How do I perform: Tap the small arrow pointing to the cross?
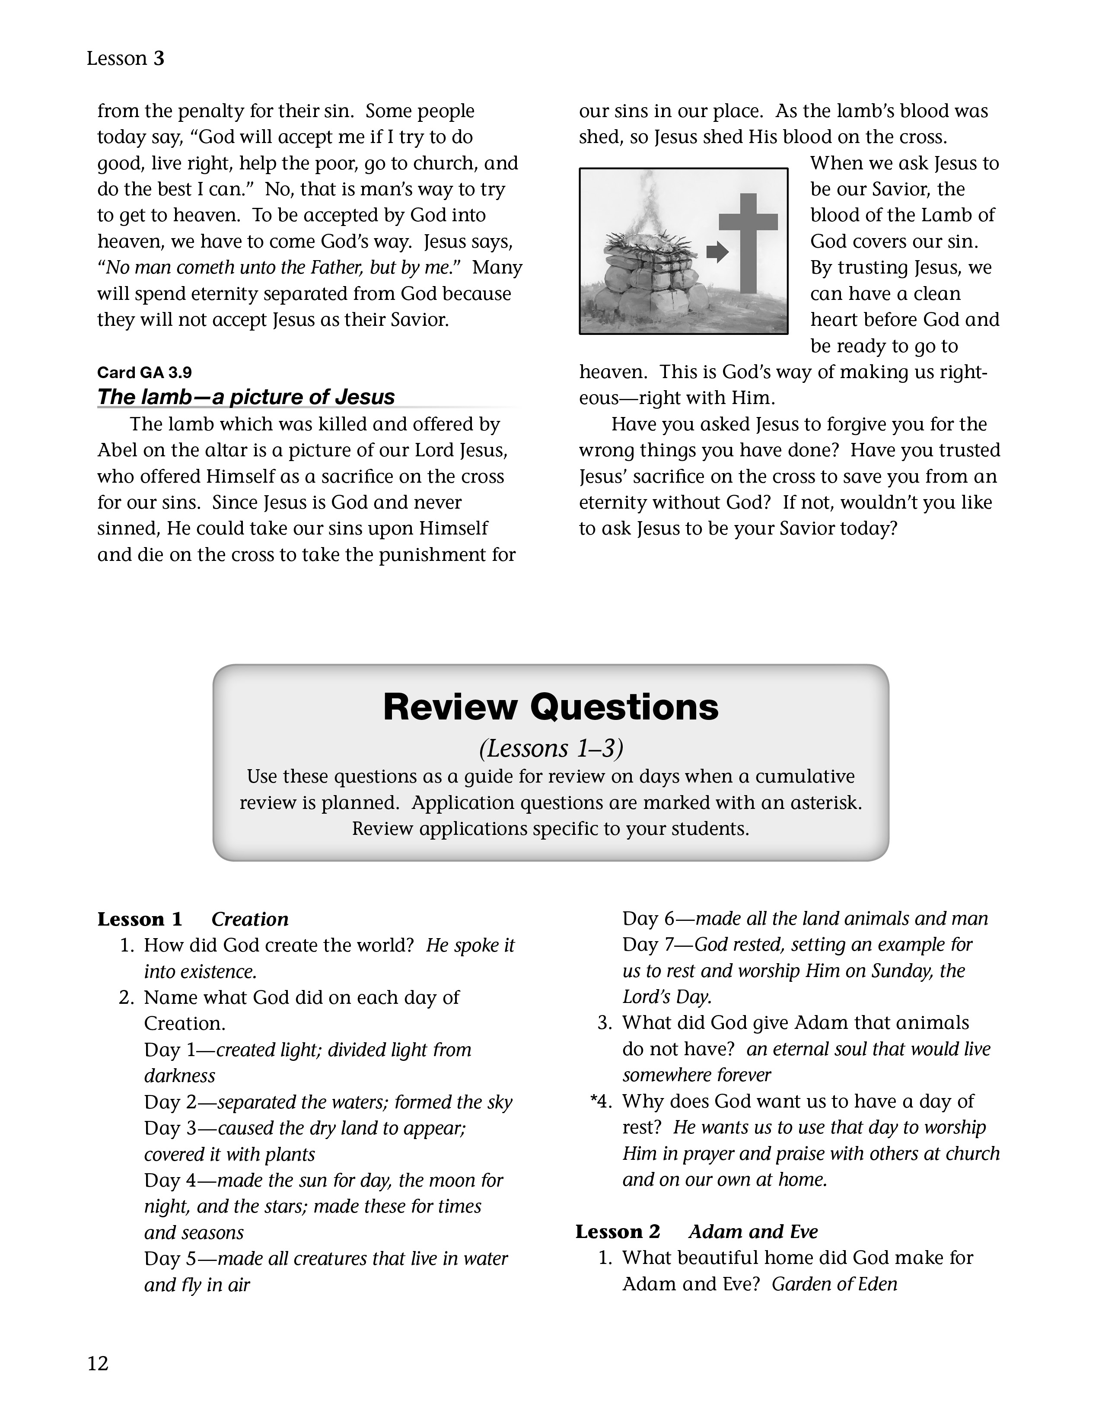(717, 251)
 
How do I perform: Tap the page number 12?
(98, 1363)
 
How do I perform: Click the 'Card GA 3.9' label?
(144, 373)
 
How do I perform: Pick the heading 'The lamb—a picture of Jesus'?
(246, 397)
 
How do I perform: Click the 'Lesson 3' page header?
(125, 59)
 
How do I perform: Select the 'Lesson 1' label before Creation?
(140, 919)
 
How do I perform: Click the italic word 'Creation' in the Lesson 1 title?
(250, 919)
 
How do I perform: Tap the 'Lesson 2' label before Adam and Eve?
(618, 1232)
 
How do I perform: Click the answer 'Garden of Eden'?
(834, 1284)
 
